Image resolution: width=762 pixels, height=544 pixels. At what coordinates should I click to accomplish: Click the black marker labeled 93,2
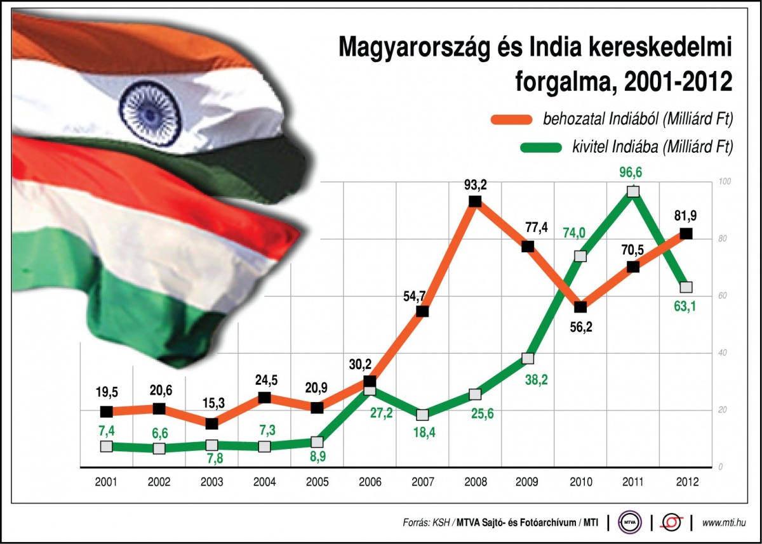[474, 202]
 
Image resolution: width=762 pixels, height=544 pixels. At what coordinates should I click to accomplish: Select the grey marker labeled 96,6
[632, 191]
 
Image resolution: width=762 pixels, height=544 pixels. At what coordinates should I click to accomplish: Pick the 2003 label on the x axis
[211, 482]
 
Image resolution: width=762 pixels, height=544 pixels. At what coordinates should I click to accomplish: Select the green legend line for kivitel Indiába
[540, 148]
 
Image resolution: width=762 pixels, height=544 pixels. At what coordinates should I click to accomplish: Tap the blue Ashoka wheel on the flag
[143, 105]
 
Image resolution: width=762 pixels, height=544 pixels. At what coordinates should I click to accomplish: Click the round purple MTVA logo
[630, 522]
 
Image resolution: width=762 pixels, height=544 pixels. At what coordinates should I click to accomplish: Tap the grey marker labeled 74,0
[580, 256]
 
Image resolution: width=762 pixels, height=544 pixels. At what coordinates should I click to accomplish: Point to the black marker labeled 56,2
[580, 308]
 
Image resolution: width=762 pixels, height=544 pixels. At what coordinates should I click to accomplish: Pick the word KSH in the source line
[440, 522]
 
